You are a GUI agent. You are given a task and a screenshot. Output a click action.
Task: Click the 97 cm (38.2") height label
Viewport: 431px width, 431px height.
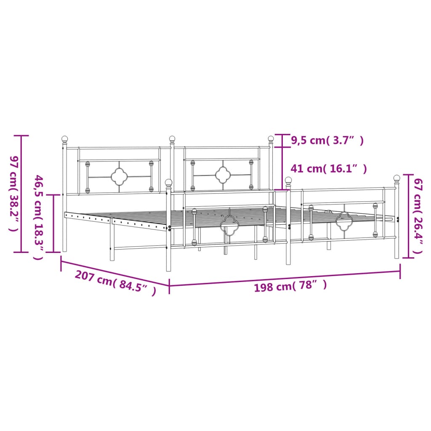tap(14, 194)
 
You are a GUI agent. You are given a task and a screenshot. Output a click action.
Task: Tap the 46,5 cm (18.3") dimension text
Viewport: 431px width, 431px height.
tap(38, 218)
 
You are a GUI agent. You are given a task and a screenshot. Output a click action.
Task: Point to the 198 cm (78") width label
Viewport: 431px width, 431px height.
tap(290, 286)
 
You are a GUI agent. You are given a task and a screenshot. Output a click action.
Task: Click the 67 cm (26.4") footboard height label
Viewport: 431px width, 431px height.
tap(418, 216)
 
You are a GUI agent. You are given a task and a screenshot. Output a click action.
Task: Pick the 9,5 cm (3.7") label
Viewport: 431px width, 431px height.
tap(327, 141)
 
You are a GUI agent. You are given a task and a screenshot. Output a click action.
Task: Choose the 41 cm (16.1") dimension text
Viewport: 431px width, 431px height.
tap(329, 168)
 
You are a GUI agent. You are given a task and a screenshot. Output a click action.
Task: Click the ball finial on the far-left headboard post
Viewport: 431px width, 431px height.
tap(64, 139)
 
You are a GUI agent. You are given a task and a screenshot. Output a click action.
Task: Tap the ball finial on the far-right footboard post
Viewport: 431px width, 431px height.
tap(396, 178)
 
